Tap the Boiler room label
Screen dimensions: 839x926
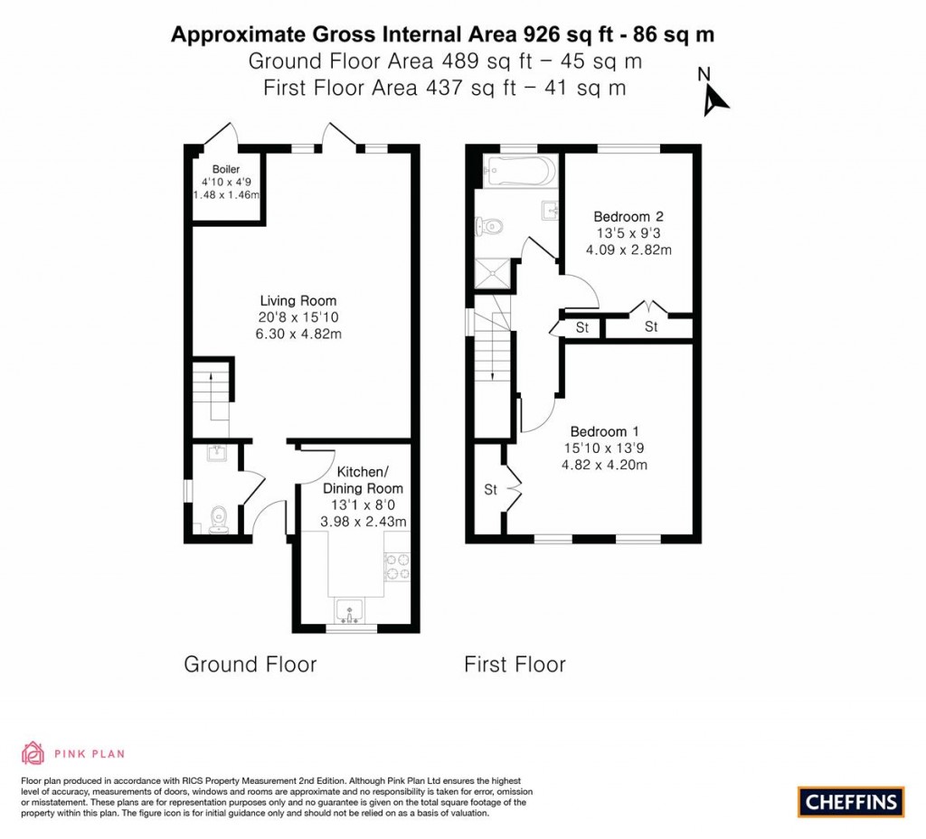[x=225, y=169]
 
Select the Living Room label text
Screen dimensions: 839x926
[x=298, y=301]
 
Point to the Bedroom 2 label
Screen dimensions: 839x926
[x=628, y=217]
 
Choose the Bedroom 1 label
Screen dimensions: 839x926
[x=604, y=432]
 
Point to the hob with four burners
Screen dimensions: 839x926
[x=397, y=566]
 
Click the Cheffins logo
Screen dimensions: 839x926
[x=851, y=801]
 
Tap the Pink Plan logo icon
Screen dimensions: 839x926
[x=33, y=753]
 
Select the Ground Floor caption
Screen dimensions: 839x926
[x=250, y=665]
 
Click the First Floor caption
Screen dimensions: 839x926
[x=515, y=665]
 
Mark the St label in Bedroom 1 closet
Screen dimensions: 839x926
[x=491, y=490]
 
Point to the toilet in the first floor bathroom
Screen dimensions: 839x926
[x=491, y=226]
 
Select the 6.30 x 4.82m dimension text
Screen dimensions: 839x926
[x=298, y=334]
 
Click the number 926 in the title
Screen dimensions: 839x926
[x=543, y=34]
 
